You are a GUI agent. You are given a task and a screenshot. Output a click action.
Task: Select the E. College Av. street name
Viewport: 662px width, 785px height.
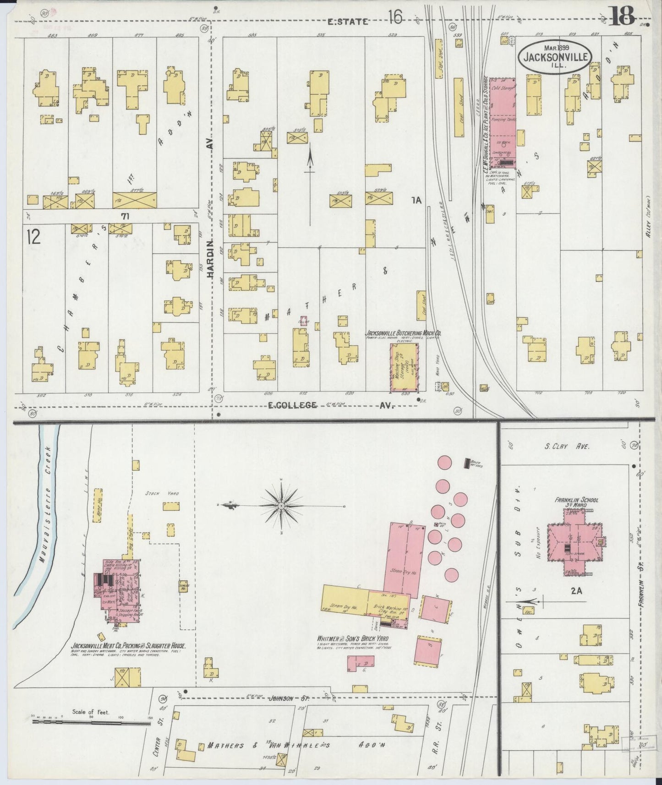(x=329, y=405)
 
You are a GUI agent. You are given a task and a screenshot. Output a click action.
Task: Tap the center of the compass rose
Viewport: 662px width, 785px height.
(x=281, y=506)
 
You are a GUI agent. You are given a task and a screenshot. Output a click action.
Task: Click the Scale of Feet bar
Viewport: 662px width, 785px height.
(x=92, y=724)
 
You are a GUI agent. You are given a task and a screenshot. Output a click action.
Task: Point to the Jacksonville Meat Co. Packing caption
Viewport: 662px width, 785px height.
(x=128, y=645)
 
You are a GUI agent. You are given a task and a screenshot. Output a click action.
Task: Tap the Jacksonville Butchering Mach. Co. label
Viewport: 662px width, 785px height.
(x=403, y=333)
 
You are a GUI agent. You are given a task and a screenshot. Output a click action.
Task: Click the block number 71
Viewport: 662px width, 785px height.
(x=125, y=215)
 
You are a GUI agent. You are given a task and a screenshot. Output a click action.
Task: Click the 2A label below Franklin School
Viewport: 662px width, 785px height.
(x=576, y=591)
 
